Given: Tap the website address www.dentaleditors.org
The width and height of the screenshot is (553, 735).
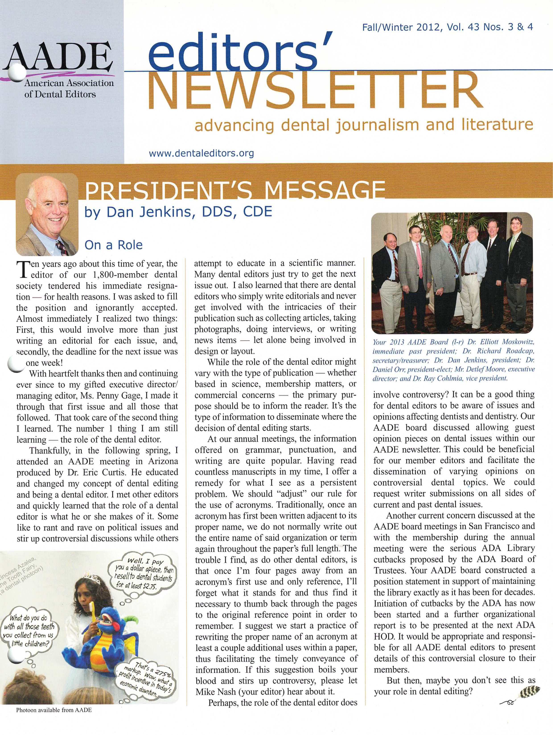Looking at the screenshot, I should click(x=201, y=153).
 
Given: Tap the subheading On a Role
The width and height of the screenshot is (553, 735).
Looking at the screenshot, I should click(x=113, y=245).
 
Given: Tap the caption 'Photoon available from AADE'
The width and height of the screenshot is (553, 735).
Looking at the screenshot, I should click(x=54, y=710).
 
